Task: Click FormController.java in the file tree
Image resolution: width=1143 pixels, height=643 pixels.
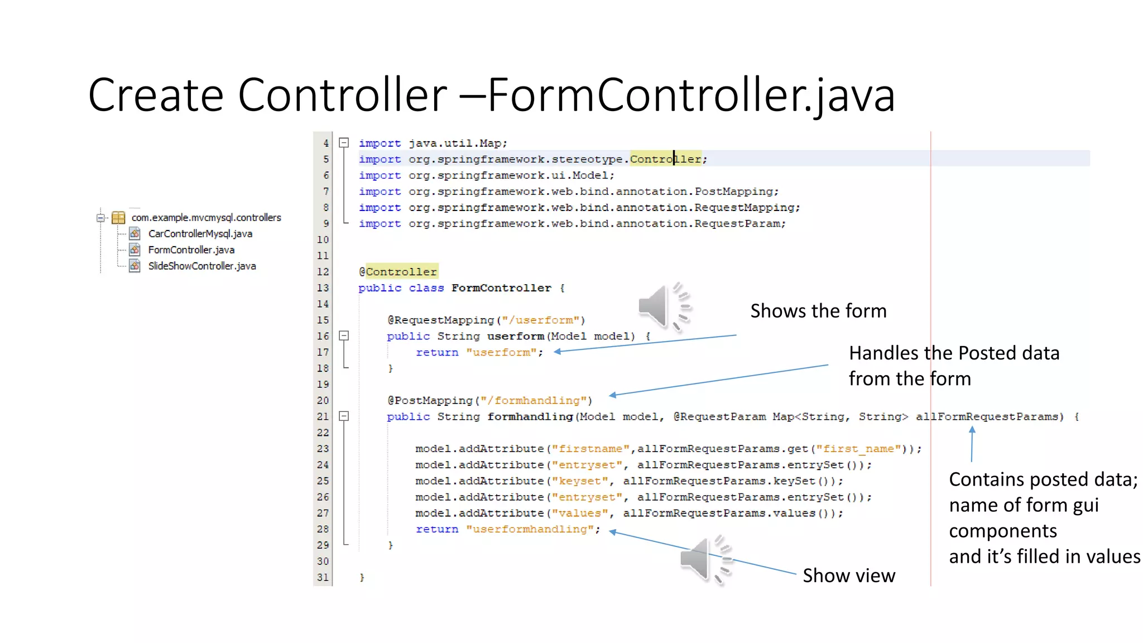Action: point(191,250)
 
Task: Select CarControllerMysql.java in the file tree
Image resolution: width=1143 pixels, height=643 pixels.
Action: point(200,234)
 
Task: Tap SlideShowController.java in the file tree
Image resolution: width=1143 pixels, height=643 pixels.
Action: point(201,266)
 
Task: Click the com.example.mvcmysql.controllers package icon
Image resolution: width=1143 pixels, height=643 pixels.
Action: point(118,218)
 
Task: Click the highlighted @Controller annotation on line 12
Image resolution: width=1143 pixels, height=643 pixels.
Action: point(398,272)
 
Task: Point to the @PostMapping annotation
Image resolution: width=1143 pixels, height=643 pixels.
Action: point(430,401)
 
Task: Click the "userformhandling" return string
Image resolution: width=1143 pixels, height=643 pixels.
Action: point(530,529)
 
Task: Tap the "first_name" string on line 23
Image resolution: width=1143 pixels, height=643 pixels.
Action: point(858,449)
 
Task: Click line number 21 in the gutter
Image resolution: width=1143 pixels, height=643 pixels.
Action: point(323,417)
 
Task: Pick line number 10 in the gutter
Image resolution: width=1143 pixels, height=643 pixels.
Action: point(323,240)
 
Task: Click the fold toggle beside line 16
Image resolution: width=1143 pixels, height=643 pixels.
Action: point(344,336)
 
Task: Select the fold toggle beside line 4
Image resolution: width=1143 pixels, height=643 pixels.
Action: point(344,143)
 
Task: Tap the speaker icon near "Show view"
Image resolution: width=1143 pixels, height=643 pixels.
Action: point(704,559)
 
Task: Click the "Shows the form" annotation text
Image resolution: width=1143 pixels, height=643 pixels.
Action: point(818,311)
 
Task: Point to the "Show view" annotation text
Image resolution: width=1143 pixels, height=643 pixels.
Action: point(848,575)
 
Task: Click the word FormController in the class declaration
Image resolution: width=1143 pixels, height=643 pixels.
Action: point(501,288)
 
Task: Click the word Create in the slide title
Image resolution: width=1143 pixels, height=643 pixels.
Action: point(156,95)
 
